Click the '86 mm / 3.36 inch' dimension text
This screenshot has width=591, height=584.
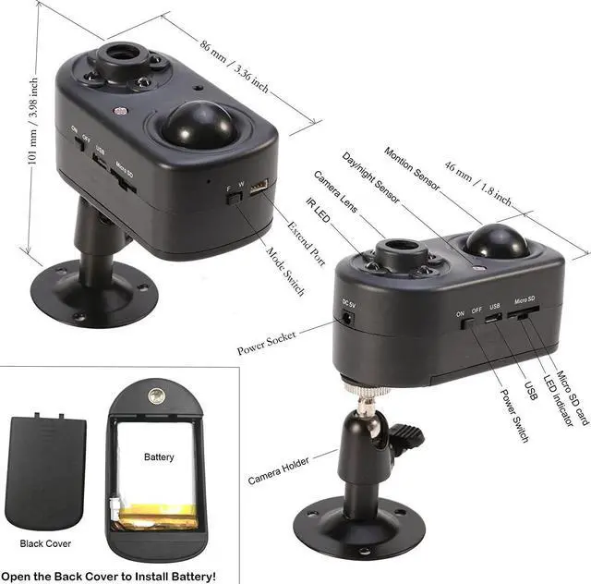click(x=234, y=64)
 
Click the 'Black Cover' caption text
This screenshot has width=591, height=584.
click(x=45, y=543)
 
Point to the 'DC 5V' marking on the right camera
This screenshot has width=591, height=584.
click(x=349, y=304)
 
